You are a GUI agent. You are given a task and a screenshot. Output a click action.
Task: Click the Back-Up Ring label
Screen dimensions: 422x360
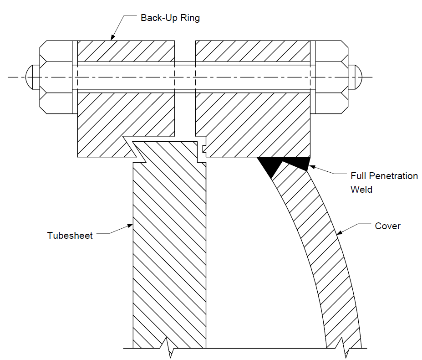170,18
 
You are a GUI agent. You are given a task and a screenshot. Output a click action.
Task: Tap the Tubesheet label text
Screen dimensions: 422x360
70,236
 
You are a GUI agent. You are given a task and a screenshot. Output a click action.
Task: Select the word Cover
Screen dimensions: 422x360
387,226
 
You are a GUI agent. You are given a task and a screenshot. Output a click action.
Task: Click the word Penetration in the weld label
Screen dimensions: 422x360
393,176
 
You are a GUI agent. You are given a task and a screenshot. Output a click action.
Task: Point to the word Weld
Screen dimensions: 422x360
361,190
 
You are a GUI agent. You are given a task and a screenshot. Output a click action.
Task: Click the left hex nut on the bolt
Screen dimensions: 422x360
56,77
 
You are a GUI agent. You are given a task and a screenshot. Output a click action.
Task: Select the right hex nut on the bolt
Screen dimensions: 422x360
331,77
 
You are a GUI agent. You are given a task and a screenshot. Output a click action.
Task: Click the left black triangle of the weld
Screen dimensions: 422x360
269,165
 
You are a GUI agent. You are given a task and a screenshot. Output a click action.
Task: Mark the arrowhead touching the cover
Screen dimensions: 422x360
340,232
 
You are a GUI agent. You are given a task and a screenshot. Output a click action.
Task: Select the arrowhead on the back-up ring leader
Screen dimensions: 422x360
113,37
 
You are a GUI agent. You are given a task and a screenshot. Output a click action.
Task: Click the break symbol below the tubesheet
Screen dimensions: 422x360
168,348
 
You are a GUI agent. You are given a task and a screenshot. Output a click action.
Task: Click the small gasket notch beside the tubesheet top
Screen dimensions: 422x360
204,149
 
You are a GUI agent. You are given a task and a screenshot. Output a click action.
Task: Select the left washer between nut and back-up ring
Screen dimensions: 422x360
75,77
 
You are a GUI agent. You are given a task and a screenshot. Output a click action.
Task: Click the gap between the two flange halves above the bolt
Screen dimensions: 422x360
185,51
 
